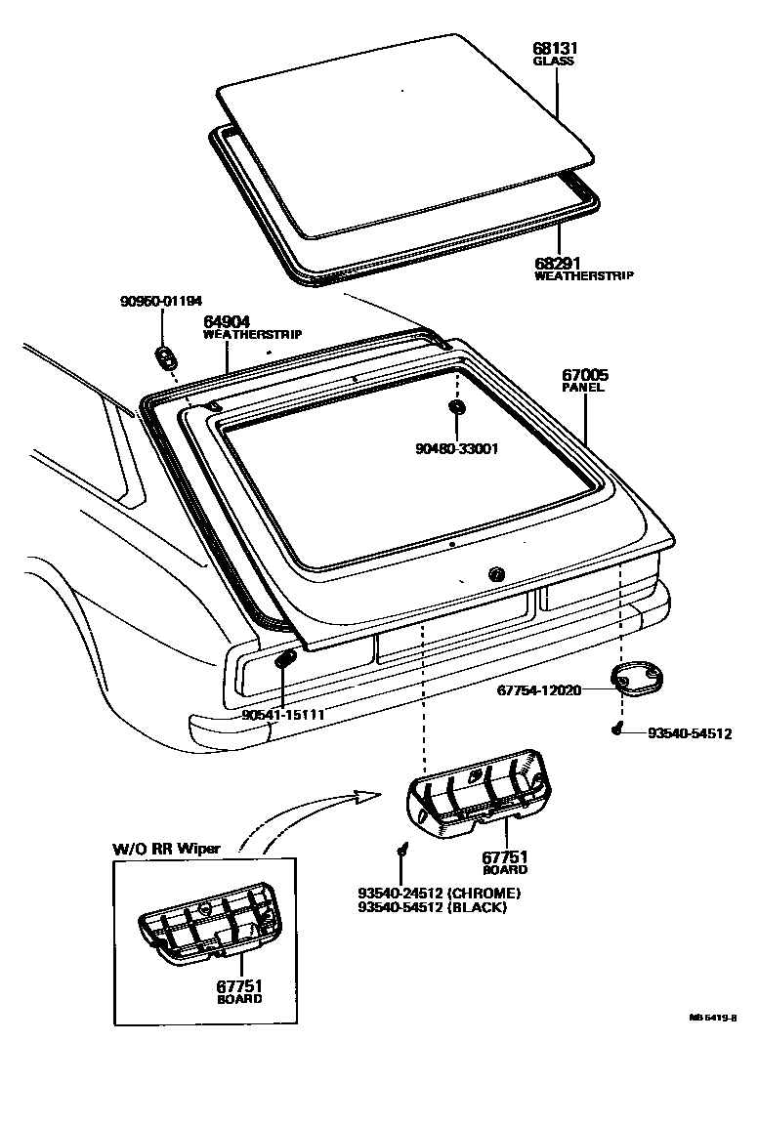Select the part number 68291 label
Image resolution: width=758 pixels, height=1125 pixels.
coord(555,264)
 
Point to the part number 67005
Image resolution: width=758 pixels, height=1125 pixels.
coord(583,374)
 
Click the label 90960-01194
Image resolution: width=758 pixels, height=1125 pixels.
coord(161,302)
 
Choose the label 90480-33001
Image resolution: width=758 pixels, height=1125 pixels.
coord(457,449)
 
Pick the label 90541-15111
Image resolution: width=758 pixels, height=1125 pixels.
coord(282,715)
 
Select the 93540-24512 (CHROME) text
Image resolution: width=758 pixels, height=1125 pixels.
coord(439,893)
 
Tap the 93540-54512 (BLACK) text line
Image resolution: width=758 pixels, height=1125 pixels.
coord(433,907)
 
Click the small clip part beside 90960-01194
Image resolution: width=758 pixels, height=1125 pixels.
coord(165,354)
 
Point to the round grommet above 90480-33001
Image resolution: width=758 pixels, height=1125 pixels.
coord(456,405)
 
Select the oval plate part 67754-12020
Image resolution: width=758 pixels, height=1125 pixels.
coord(634,677)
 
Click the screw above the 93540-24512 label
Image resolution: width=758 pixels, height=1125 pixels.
coord(401,852)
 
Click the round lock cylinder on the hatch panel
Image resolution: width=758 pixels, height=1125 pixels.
coord(495,573)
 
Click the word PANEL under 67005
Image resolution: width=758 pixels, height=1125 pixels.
coord(583,388)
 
